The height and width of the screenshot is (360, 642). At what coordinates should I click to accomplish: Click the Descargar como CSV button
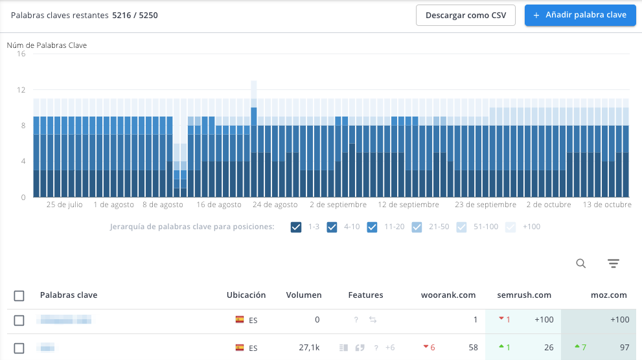pos(465,15)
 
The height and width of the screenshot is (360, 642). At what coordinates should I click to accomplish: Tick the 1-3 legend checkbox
pos(297,227)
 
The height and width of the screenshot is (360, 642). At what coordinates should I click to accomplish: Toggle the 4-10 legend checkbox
pos(332,227)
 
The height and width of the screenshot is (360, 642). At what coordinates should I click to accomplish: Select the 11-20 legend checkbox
pos(372,227)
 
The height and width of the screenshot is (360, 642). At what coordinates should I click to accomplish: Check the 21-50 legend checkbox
pos(417,227)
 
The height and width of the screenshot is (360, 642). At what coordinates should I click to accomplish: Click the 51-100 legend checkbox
pos(461,227)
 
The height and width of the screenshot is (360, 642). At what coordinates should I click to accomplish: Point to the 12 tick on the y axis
pos(21,90)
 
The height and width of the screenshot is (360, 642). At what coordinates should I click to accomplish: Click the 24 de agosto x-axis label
pos(275,205)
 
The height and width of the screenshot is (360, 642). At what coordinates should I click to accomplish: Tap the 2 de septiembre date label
pos(338,205)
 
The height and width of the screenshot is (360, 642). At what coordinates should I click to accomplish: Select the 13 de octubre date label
pos(608,205)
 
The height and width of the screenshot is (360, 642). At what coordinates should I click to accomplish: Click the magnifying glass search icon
pos(581,263)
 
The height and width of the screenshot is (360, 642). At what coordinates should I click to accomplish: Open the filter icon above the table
pos(613,263)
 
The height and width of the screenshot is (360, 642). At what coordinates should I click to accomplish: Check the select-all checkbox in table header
pos(19,295)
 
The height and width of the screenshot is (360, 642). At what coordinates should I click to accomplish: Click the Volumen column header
pos(304,295)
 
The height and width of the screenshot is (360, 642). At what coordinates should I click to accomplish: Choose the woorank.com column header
pos(448,295)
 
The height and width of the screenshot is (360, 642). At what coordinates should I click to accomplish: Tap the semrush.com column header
pos(524,295)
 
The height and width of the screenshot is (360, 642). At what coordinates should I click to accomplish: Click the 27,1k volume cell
pos(310,348)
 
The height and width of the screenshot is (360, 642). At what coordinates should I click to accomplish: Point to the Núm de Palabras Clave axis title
pos(47,45)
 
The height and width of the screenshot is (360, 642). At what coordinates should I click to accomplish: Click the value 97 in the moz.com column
pos(624,348)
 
